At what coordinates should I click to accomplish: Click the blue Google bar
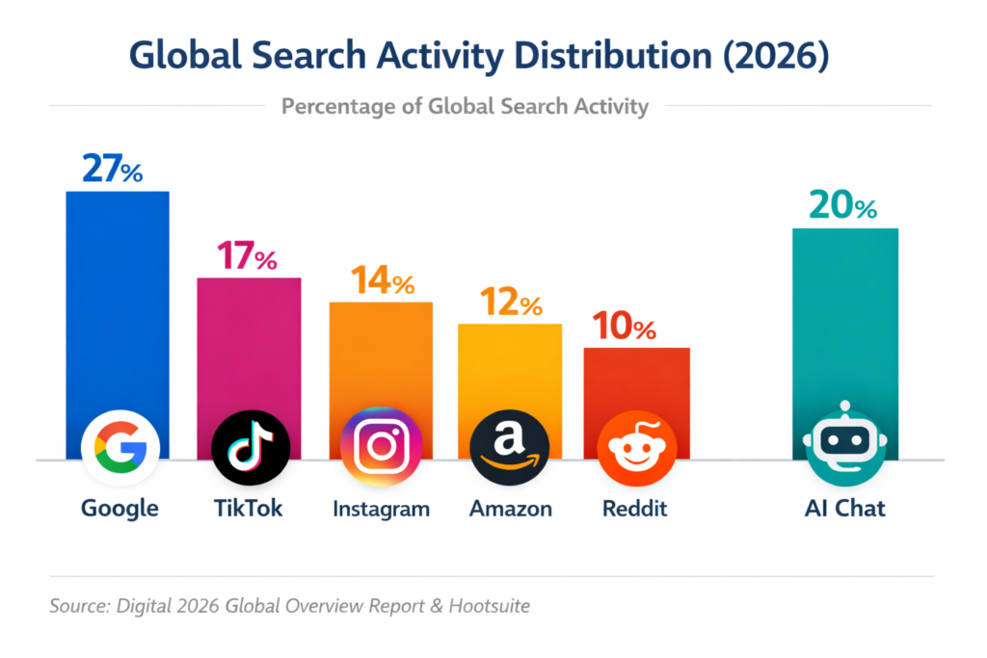117,299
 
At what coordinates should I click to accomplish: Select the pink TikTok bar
249,337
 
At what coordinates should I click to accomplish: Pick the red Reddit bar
636,381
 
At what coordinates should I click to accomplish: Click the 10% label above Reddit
625,327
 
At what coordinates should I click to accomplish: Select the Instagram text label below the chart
381,508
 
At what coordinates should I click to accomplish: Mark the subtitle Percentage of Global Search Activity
465,106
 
